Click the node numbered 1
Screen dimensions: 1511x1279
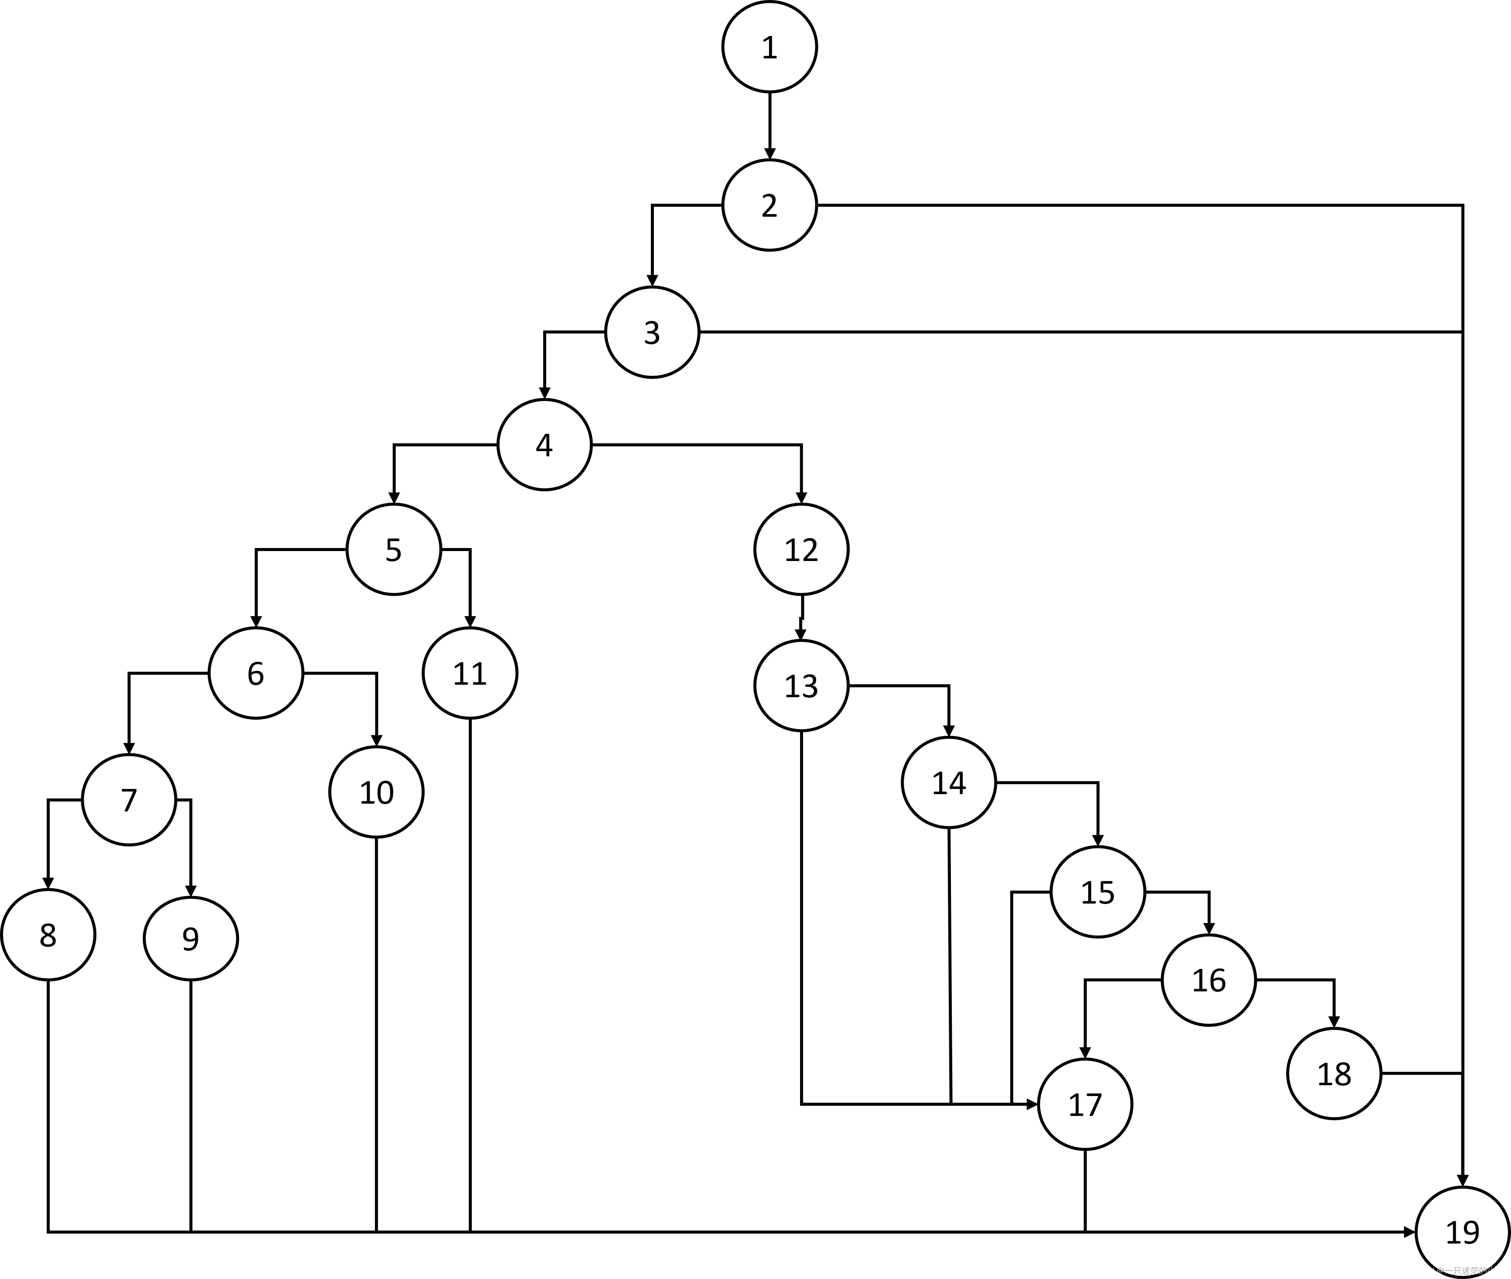click(769, 47)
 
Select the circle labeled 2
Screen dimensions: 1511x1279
click(769, 205)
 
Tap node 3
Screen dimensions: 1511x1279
click(652, 332)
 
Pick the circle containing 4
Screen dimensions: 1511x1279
click(544, 445)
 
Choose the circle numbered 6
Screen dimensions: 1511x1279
click(256, 673)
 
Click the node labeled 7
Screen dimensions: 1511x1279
click(129, 800)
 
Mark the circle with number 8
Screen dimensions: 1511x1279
click(48, 935)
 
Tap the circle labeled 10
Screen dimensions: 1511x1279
click(376, 792)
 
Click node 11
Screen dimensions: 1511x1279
click(470, 673)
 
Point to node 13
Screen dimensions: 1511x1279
click(801, 685)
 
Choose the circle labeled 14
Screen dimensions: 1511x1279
click(948, 782)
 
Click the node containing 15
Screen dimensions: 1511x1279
click(1098, 892)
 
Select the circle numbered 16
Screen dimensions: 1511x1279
click(1209, 980)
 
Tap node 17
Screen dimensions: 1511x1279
click(1085, 1104)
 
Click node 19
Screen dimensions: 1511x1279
click(1462, 1232)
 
